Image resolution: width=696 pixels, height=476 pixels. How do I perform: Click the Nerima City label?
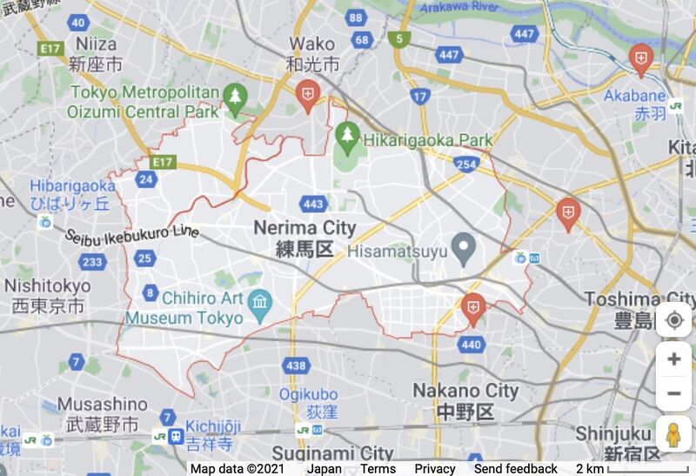coord(304,228)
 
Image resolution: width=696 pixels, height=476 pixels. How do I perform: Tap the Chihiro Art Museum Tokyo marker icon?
coord(259,303)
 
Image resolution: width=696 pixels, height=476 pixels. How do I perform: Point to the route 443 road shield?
coord(314,204)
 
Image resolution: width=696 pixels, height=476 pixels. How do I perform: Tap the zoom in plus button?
coord(673,359)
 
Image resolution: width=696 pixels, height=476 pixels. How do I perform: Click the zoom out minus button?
coord(673,393)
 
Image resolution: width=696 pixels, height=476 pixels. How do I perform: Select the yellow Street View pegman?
coord(673,433)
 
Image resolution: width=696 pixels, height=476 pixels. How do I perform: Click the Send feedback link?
coord(516,468)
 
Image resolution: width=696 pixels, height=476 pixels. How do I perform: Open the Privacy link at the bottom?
coord(434,468)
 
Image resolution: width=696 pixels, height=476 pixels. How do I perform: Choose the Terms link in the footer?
coord(378,468)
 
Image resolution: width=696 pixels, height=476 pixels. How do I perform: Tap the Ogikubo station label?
coord(308,394)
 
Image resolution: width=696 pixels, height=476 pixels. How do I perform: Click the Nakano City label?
coord(465,390)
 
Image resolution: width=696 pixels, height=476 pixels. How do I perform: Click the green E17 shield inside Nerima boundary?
coord(162,162)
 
